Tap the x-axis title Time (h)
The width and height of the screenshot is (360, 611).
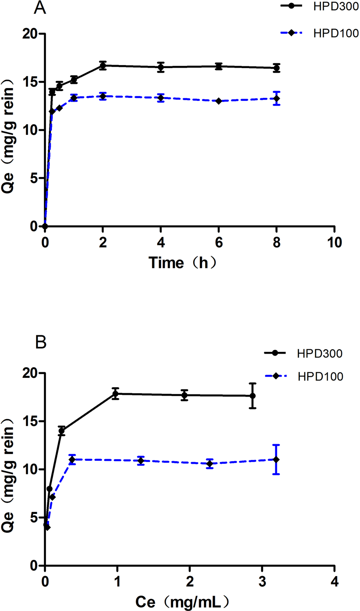tap(183, 263)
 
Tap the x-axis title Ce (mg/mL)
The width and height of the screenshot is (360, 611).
tap(183, 601)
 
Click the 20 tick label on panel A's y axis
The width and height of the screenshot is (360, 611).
tap(31, 34)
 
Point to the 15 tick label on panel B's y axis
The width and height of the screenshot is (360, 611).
tap(31, 421)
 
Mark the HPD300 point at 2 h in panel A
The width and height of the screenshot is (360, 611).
tap(103, 66)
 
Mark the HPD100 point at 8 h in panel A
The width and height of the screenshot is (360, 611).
tap(277, 98)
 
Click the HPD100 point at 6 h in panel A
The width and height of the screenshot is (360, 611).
tap(219, 101)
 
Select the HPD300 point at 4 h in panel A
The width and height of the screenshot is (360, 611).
tap(160, 67)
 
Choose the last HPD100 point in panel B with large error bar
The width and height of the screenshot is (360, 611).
tap(276, 460)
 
